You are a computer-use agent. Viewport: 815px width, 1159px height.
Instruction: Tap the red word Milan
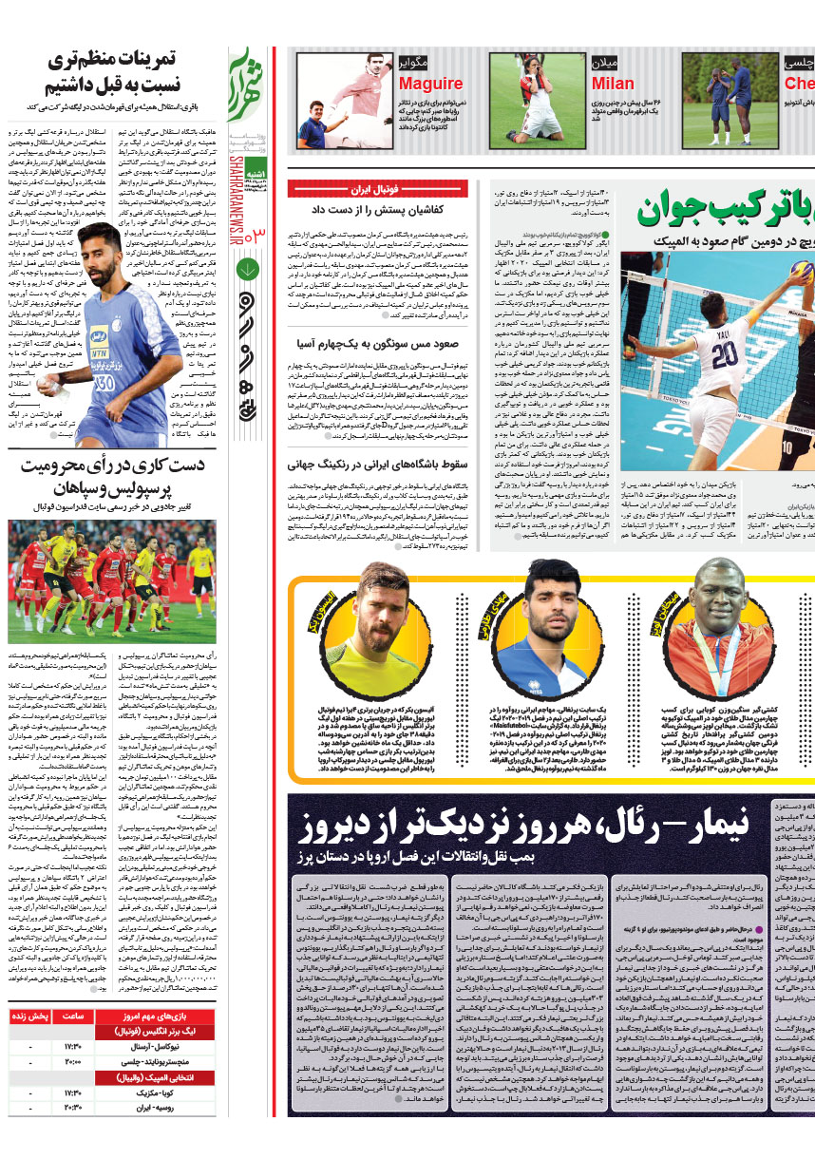[613, 84]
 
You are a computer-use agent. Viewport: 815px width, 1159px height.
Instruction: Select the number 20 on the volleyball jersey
[726, 354]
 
